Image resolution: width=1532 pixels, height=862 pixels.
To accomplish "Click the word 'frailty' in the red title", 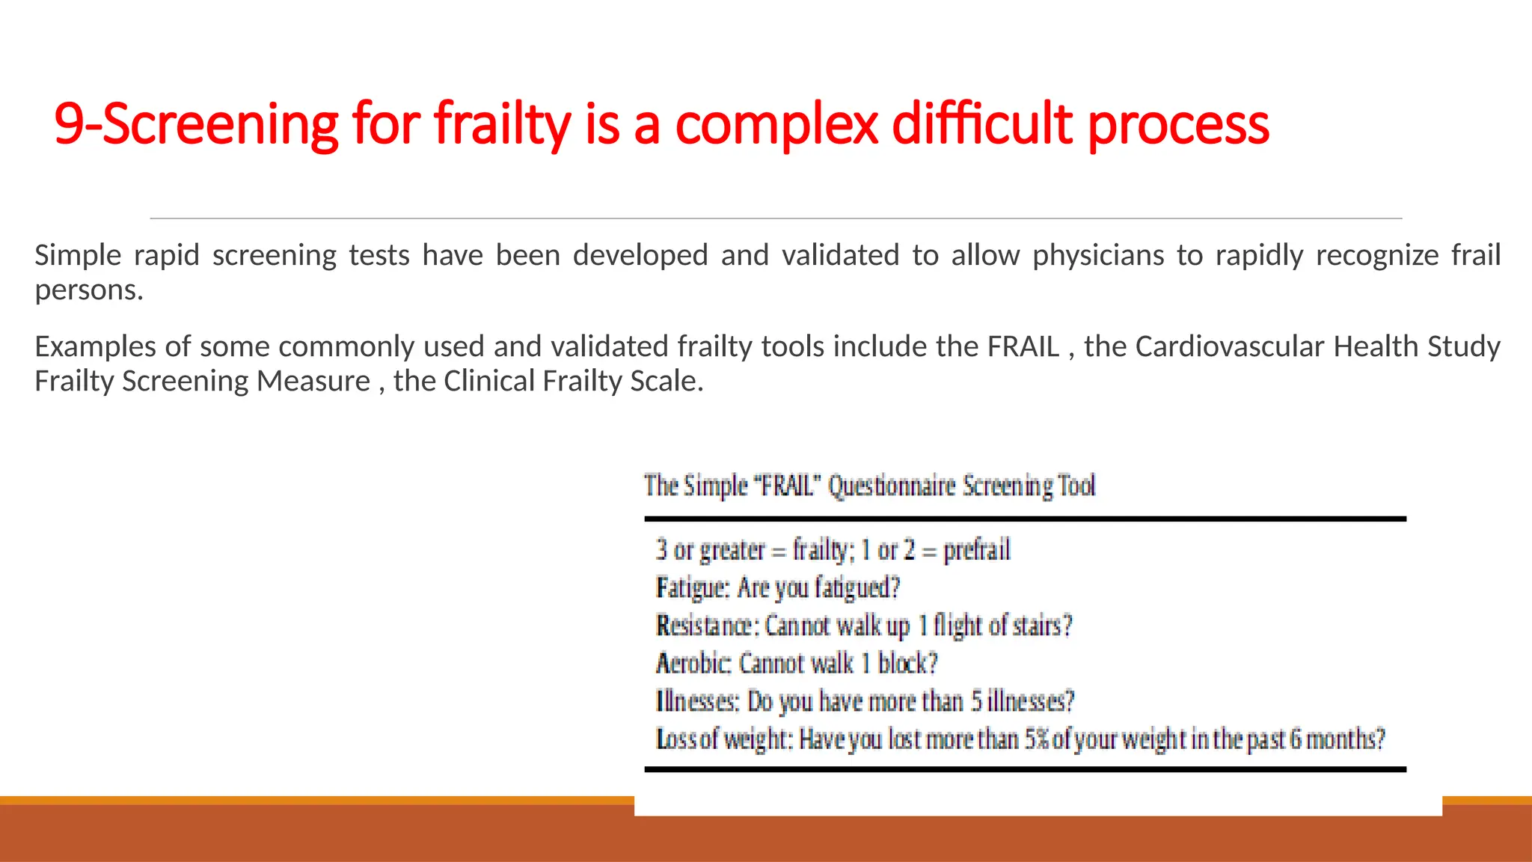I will [x=503, y=124].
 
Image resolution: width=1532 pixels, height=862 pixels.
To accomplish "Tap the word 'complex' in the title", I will [x=776, y=124].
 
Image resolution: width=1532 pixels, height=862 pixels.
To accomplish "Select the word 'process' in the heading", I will [x=1178, y=124].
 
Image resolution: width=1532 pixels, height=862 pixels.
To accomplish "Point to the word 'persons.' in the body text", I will [x=89, y=290].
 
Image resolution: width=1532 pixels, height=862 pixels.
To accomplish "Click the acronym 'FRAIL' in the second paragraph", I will [x=1023, y=347].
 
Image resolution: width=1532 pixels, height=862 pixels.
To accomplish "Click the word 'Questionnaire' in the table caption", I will [x=892, y=486].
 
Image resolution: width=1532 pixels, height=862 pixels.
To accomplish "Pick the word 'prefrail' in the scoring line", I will [x=977, y=550].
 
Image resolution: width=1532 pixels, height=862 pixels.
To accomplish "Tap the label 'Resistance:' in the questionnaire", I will [x=708, y=625].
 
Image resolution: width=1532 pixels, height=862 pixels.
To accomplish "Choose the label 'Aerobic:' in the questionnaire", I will [x=693, y=663].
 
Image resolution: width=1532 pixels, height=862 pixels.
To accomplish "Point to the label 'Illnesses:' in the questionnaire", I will [x=698, y=701].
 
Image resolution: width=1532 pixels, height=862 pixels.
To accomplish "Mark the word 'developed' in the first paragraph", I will [x=640, y=256].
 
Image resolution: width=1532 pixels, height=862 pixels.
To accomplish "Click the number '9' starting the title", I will [x=68, y=124].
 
